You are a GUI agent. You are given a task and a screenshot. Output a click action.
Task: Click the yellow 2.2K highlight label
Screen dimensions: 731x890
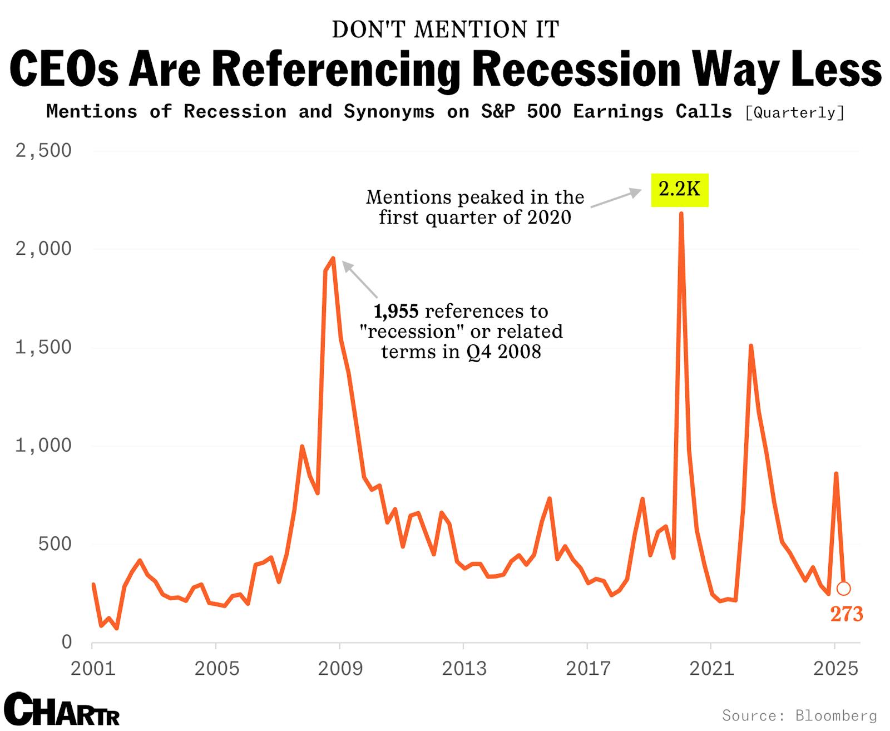pyautogui.click(x=679, y=190)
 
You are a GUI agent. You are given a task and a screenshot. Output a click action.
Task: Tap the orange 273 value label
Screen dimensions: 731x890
pyautogui.click(x=846, y=614)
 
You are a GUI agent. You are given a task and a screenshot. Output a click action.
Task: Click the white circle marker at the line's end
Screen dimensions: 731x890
pyautogui.click(x=843, y=589)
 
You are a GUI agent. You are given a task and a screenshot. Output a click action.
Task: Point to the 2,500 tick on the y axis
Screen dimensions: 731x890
pyautogui.click(x=43, y=151)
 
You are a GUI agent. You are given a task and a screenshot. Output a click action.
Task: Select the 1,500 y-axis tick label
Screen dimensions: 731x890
pyautogui.click(x=43, y=348)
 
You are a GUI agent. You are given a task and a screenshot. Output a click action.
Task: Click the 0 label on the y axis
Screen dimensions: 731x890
pyautogui.click(x=66, y=643)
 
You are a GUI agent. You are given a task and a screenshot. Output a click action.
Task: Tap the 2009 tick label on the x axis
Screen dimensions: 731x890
pyautogui.click(x=340, y=668)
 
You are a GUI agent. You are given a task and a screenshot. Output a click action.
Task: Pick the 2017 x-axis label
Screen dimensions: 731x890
pyautogui.click(x=588, y=668)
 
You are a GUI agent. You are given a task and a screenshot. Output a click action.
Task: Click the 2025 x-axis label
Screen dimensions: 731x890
pyautogui.click(x=835, y=668)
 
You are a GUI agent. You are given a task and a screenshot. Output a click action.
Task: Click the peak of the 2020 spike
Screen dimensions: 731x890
pyautogui.click(x=681, y=214)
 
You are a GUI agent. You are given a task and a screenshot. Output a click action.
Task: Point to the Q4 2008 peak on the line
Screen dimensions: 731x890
pyautogui.click(x=333, y=258)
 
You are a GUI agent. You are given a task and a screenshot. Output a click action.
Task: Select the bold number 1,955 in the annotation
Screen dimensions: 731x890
pyautogui.click(x=395, y=312)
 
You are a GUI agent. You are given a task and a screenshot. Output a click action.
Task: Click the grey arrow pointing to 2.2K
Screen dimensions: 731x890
pyautogui.click(x=615, y=199)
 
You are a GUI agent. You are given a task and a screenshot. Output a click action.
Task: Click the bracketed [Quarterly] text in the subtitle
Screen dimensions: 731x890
pyautogui.click(x=794, y=113)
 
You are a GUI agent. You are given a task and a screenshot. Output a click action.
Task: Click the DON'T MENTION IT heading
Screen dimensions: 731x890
pyautogui.click(x=445, y=30)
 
